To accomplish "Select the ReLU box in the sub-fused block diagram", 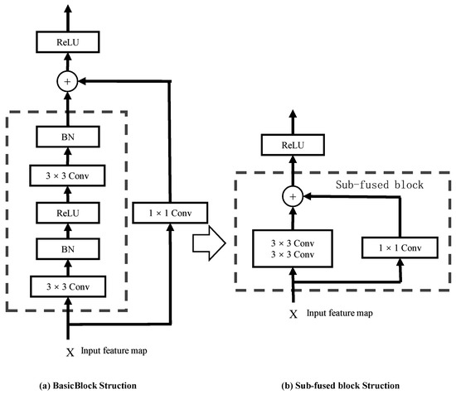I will [292, 145].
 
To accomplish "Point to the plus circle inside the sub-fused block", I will [292, 197].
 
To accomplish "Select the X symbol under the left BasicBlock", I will [70, 351].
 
